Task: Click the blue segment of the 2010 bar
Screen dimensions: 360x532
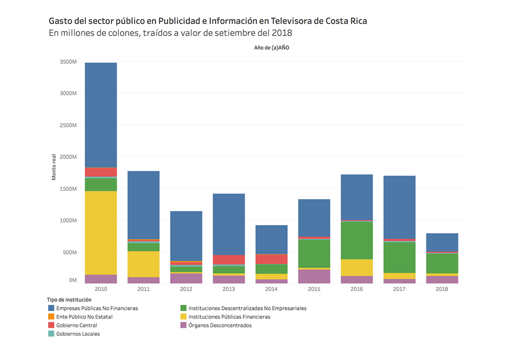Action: coord(101,115)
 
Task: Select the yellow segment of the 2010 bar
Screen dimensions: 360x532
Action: coord(101,233)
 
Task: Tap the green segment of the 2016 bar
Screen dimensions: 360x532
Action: coord(357,240)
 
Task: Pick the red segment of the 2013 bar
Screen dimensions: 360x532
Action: coord(229,259)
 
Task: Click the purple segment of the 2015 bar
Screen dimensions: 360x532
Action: coord(314,276)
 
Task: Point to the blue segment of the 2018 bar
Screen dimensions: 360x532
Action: coord(442,242)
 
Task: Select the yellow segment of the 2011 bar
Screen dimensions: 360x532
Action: coord(143,264)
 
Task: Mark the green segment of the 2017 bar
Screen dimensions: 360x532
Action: coord(399,257)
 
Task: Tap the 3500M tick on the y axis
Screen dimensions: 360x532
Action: coord(68,62)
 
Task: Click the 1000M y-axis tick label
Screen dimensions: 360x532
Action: coord(68,220)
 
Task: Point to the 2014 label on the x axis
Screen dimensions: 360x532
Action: coord(272,289)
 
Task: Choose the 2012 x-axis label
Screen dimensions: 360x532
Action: coord(186,289)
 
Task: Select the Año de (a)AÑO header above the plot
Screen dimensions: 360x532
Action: coord(271,47)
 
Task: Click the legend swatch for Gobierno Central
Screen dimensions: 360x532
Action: coord(51,325)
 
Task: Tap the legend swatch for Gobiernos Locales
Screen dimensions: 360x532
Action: coord(51,334)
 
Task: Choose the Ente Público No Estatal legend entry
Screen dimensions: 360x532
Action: coord(84,317)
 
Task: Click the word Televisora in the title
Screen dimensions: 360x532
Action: coord(292,21)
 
